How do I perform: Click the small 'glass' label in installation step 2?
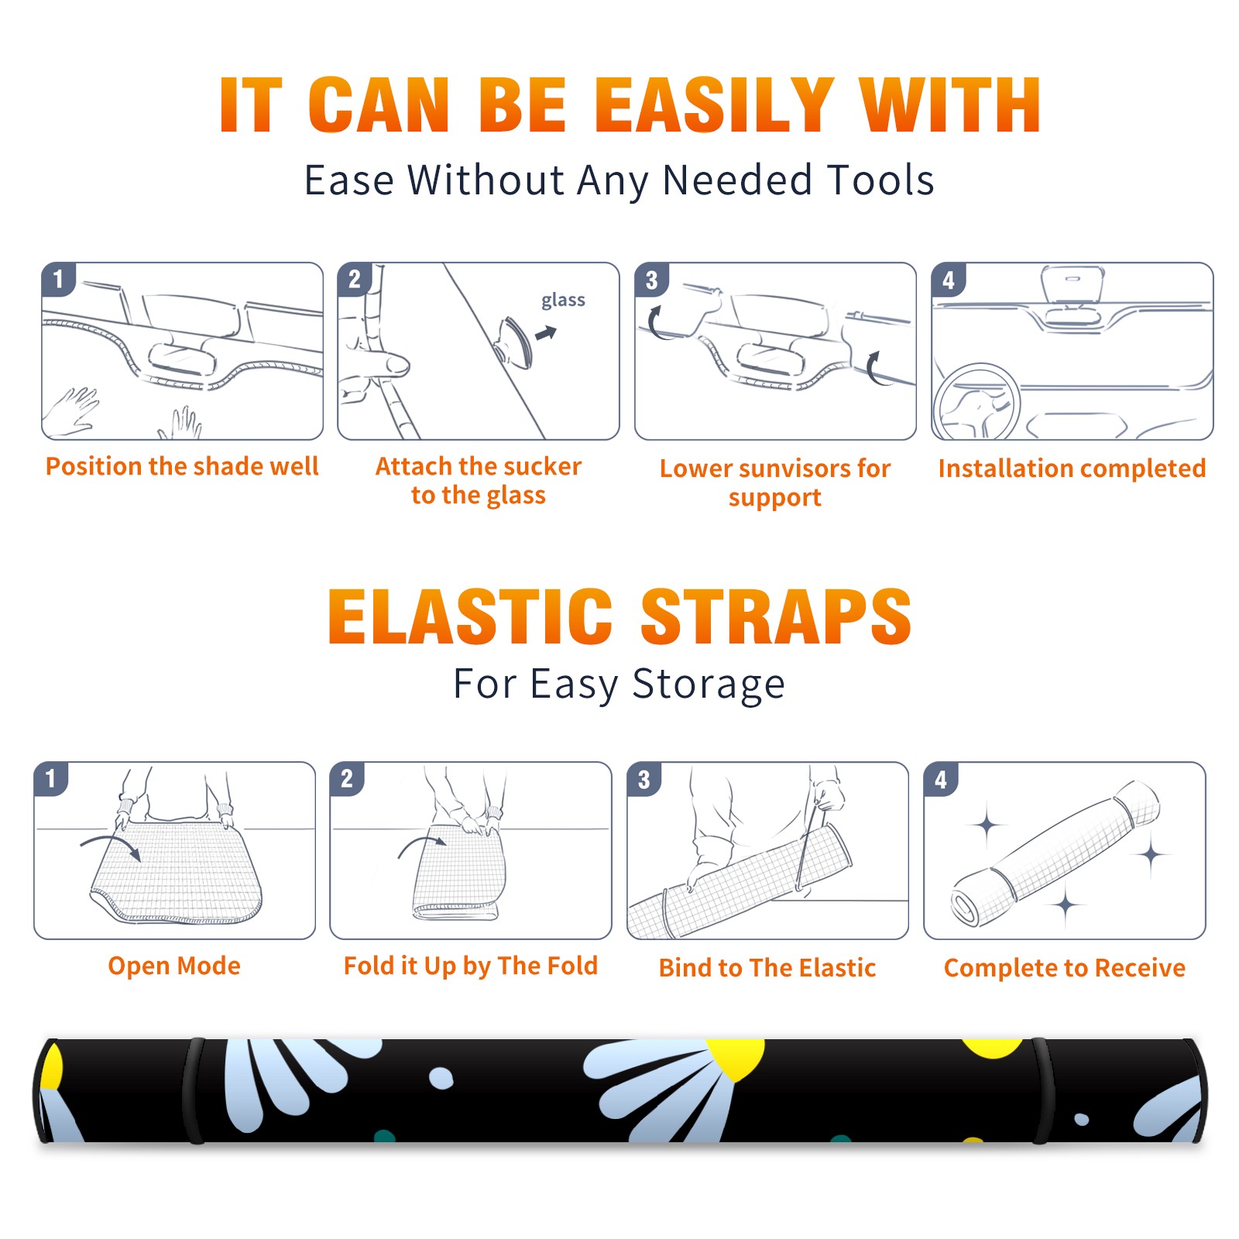pos(563,300)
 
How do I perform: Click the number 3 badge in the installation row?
pos(651,280)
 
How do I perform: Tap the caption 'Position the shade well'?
pos(182,466)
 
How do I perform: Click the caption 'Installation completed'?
pos(1072,468)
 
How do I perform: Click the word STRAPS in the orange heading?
pos(776,616)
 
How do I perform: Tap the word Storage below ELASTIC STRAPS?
pos(709,685)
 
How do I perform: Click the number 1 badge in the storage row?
pos(51,778)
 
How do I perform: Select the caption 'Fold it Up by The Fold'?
pos(471,966)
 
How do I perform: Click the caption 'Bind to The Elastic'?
pos(767,967)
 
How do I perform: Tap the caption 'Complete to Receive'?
pos(1065,967)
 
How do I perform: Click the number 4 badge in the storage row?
pos(941,779)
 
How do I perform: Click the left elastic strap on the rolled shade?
pos(194,1090)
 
